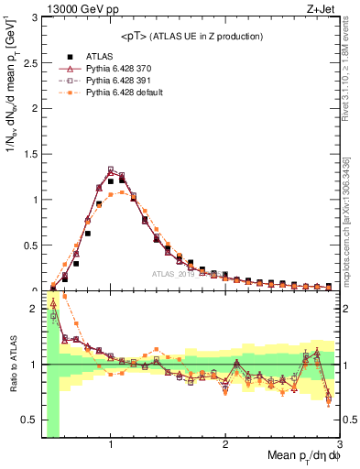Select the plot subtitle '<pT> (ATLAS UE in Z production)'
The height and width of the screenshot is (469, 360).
coord(191,36)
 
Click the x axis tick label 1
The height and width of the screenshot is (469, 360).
coord(111,444)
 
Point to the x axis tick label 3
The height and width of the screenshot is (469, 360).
coord(339,444)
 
